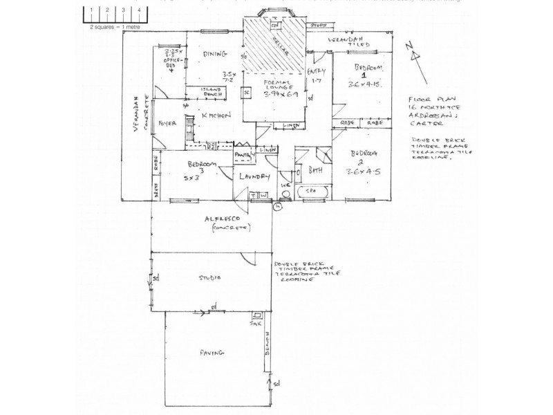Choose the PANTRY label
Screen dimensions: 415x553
[x=243, y=155]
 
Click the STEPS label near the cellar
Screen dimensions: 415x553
[x=318, y=25]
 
